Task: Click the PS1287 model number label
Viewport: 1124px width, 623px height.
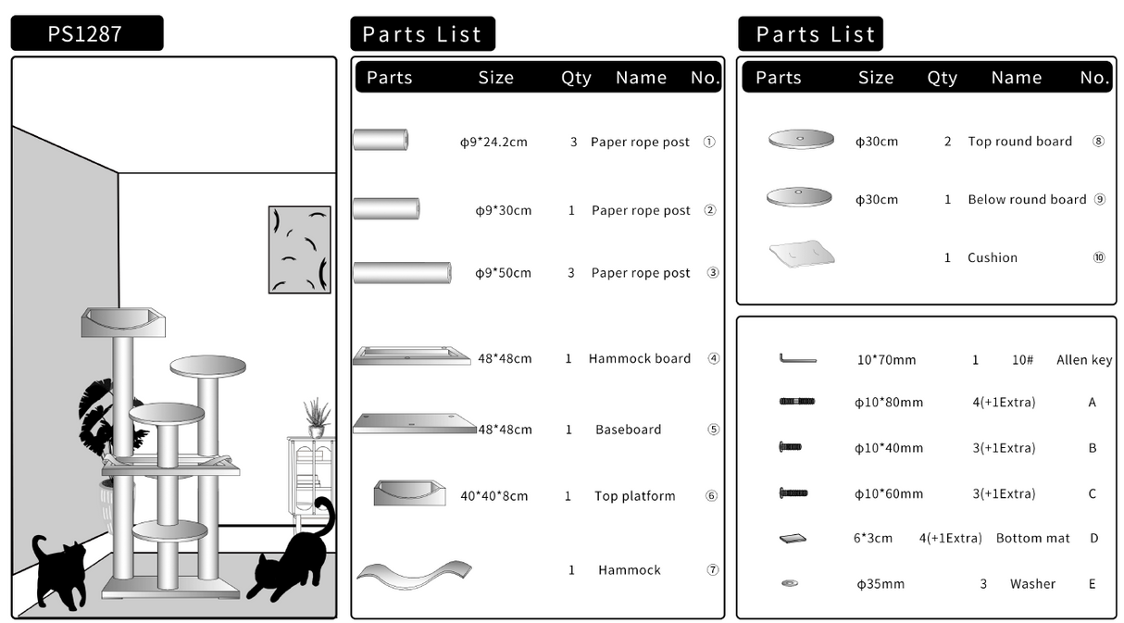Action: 85,34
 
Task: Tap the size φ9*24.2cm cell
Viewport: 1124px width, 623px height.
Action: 493,143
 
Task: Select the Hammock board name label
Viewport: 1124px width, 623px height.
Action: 639,358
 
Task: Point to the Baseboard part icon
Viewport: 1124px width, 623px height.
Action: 414,423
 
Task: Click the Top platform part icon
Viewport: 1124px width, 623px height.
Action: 409,492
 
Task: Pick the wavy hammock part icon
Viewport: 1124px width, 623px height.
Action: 414,571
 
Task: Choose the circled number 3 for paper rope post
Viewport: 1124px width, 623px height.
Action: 712,273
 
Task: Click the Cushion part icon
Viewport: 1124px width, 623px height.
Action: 801,253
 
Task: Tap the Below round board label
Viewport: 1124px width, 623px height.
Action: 1027,199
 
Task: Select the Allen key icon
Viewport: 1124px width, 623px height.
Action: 797,359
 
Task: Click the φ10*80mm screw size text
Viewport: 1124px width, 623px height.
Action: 888,403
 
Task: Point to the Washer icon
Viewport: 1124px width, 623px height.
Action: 790,583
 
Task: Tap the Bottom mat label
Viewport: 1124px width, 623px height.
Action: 1032,538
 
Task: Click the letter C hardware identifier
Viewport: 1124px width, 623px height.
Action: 1093,493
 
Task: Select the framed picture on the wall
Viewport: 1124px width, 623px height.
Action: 299,249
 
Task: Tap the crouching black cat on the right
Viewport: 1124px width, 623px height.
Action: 290,559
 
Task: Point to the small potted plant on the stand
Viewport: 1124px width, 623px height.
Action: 317,418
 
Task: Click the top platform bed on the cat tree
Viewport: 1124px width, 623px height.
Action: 123,322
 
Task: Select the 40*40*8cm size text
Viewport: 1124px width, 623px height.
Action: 493,496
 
